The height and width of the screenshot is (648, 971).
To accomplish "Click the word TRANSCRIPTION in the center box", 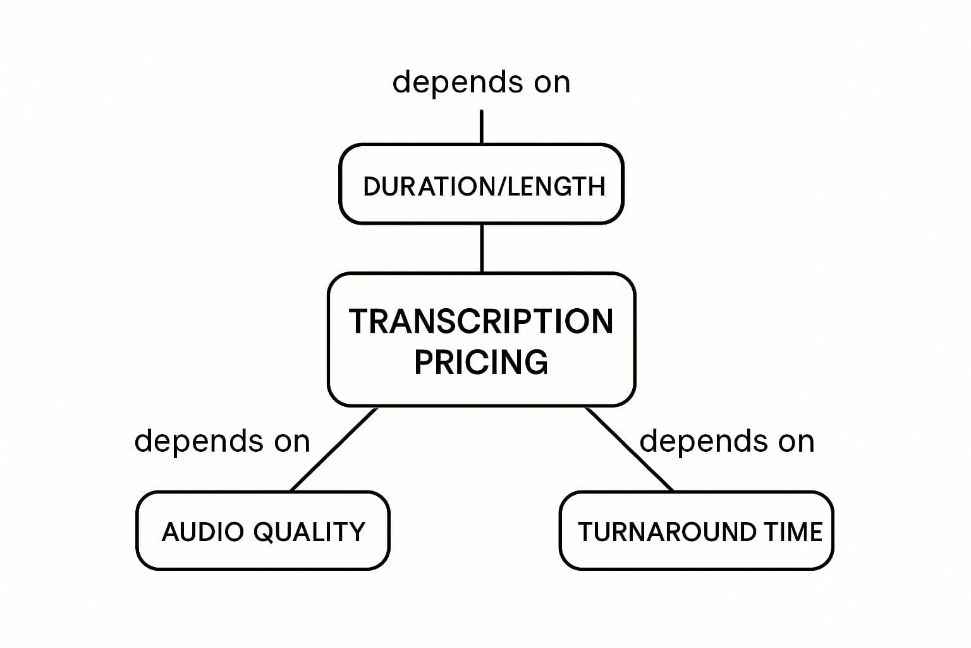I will tap(481, 321).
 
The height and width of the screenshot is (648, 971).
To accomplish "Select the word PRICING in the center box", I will tap(481, 362).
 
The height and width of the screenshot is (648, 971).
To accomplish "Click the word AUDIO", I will tap(203, 532).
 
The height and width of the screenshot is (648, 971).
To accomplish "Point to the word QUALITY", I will tap(309, 532).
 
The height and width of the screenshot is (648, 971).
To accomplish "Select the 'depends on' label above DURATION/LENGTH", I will tap(481, 83).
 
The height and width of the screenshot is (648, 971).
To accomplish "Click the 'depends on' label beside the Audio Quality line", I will tap(222, 441).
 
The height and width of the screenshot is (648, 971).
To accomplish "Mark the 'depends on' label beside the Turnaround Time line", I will tap(727, 441).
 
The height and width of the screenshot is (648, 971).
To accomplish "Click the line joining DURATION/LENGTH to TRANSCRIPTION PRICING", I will tap(482, 248).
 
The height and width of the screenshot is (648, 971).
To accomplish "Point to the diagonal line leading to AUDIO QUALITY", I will tap(334, 449).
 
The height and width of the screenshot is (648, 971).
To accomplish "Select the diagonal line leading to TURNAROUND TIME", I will tap(629, 449).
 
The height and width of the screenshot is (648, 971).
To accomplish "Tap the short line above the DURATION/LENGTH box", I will tap(482, 127).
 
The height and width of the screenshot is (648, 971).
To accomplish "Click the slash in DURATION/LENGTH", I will tap(502, 187).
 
